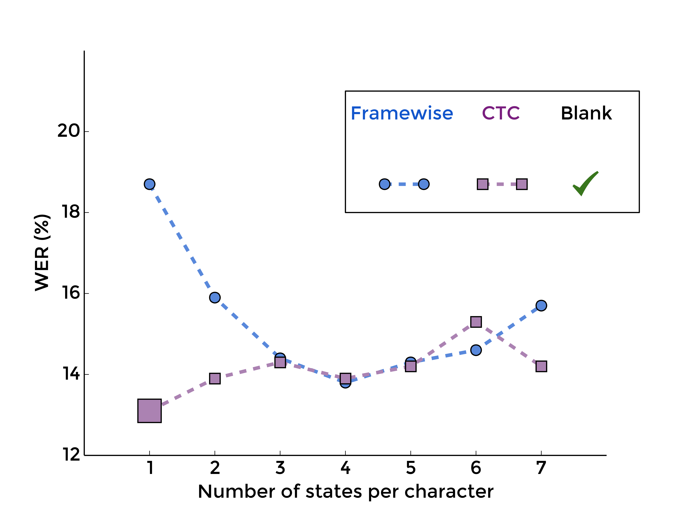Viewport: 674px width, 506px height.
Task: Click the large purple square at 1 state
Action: click(149, 411)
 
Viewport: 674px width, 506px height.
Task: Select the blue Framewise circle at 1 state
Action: click(149, 184)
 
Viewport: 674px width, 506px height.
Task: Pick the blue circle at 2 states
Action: click(215, 297)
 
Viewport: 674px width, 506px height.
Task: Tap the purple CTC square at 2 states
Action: click(215, 379)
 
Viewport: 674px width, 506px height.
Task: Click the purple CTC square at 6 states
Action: click(476, 322)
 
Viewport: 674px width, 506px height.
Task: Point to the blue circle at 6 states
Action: click(476, 350)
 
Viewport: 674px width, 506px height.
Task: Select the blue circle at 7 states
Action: click(541, 305)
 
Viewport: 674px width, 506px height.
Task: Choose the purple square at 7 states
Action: click(541, 366)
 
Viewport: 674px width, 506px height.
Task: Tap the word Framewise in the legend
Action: click(402, 113)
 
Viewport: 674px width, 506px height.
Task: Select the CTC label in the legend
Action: click(501, 113)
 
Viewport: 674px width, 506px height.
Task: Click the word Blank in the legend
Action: click(586, 113)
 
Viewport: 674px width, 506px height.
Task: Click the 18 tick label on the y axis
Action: click(71, 212)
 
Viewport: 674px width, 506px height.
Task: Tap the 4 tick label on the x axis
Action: click(345, 468)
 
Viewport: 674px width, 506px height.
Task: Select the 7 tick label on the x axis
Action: click(541, 468)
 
